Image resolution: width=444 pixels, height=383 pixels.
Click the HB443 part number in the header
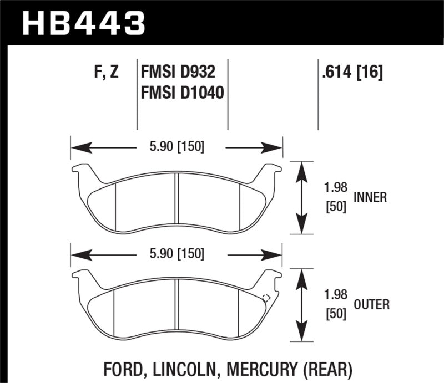tap(83, 23)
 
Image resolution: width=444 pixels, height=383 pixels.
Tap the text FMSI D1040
tap(182, 93)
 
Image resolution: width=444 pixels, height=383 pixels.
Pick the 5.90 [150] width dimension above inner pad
tap(175, 147)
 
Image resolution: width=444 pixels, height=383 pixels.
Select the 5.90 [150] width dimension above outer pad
tap(175, 254)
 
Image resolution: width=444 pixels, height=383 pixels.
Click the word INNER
tap(369, 197)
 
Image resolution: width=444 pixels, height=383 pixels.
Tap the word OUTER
tap(371, 304)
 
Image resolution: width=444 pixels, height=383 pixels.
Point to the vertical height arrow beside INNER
tap(301, 198)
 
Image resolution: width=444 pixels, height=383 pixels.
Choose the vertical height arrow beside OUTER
tap(301, 305)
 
